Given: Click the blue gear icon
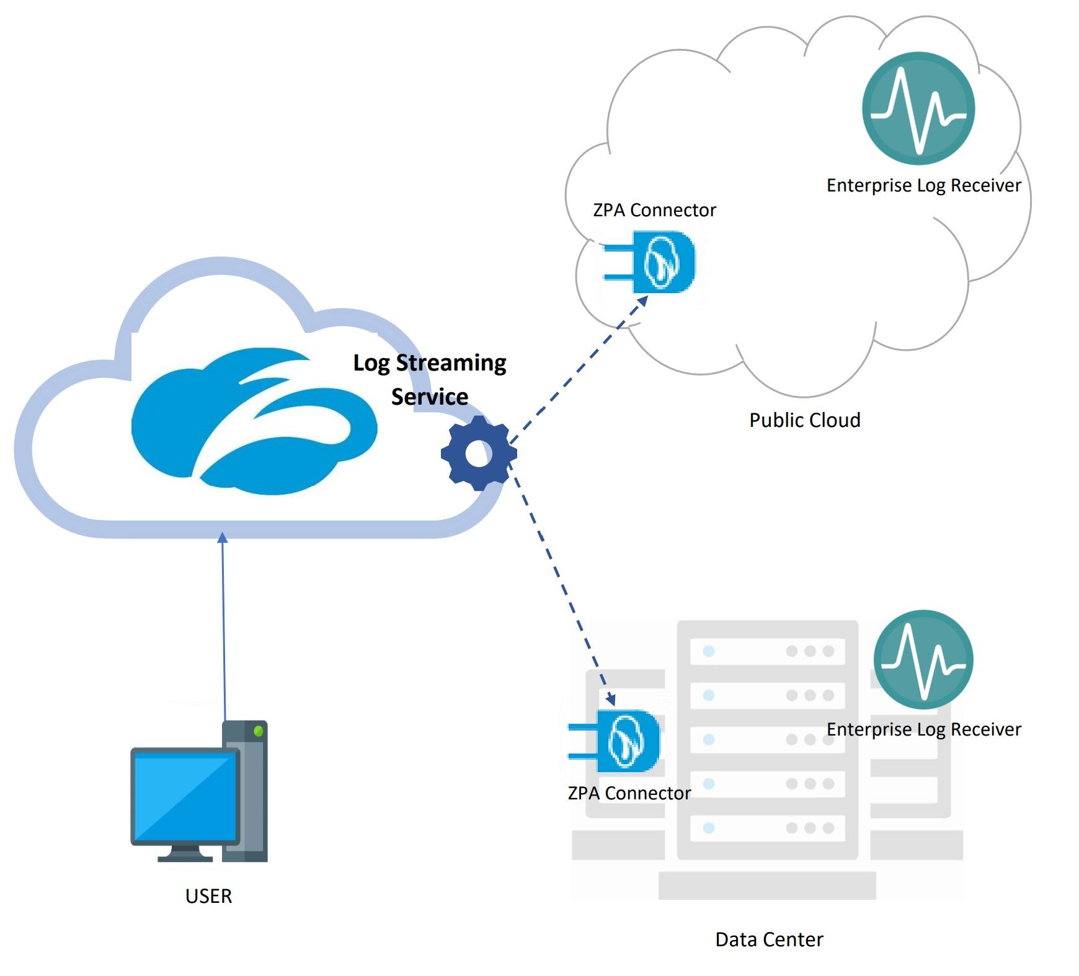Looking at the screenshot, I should coord(478,454).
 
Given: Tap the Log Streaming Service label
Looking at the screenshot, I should coord(430,379).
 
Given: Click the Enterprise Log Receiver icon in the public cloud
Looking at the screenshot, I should coord(918,108).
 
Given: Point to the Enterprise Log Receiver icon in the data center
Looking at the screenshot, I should coord(923,659).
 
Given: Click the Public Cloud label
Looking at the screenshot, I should coord(804,420).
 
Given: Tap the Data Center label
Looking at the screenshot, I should coord(769,939).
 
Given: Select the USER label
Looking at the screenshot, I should coord(208,896).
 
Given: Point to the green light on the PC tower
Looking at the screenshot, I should coord(259,731).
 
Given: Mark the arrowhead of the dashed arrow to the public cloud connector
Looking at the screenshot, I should coord(643,301).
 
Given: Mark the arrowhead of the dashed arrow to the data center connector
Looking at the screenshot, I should coord(611,700).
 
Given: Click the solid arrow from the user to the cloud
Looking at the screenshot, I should coord(223,626).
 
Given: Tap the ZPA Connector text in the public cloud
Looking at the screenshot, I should coord(654,210).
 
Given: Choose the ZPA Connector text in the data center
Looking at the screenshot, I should coord(629,793).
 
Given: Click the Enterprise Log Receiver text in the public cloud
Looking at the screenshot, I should coord(923,185).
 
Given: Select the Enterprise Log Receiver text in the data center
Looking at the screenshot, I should coord(923,729).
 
